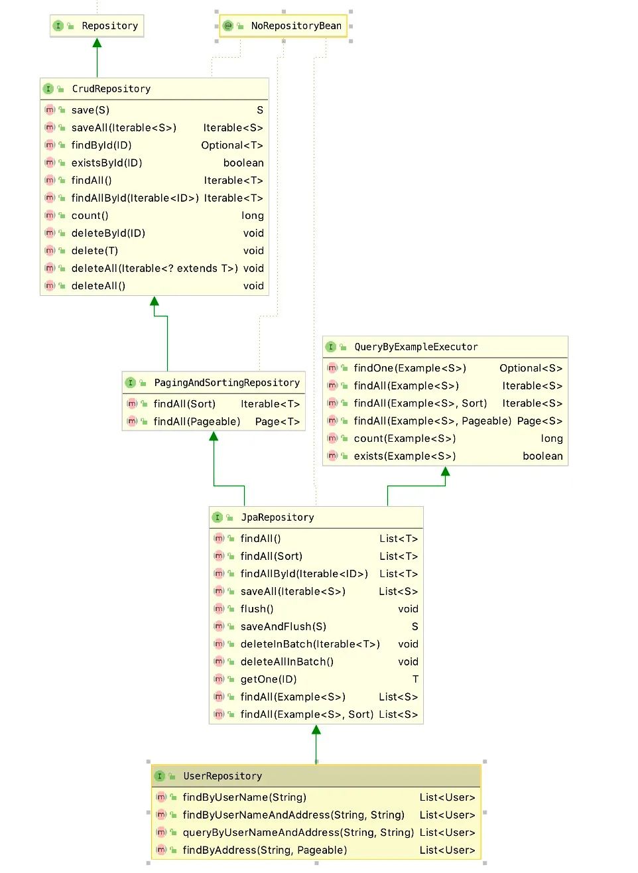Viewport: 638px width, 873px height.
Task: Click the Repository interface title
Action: coord(110,26)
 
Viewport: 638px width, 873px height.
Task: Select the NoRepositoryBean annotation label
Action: coord(296,26)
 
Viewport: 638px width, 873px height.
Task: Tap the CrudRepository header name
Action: coord(111,89)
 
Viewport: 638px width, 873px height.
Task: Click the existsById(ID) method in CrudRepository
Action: coord(107,163)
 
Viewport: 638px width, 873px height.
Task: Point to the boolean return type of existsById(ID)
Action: coord(243,163)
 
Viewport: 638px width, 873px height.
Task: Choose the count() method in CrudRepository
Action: coord(90,216)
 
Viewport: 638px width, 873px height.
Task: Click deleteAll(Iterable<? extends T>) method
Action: coord(155,268)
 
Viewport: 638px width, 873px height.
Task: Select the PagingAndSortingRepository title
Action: coord(227,383)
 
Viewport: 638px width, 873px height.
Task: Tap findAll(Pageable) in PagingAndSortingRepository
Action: coord(197,422)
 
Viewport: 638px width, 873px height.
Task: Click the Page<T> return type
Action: coord(277,422)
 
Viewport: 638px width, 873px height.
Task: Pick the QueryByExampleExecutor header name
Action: coord(416,347)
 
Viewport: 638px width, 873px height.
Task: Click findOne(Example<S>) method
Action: coord(410,368)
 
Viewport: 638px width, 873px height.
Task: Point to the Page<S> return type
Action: coord(540,421)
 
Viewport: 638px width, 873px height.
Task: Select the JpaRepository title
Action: coord(277,517)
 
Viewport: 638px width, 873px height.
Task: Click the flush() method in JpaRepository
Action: coord(257,609)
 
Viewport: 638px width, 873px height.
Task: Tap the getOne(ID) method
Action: coord(269,679)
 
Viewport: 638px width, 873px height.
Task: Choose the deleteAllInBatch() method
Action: coord(287,662)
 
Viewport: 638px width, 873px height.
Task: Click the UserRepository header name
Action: coord(223,776)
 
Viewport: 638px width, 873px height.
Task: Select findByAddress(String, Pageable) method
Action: coord(265,850)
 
